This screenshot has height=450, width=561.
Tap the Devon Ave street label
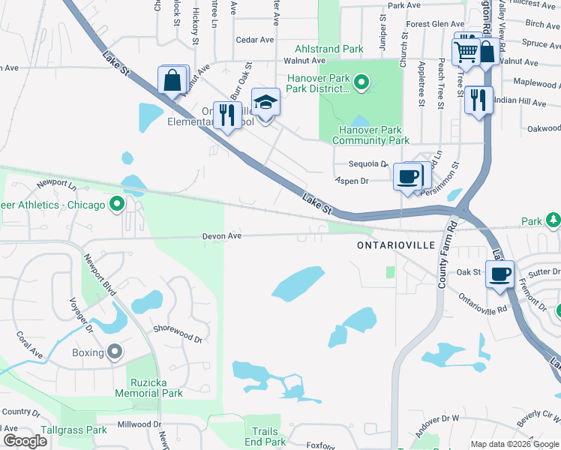221,235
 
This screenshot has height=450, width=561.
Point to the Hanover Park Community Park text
370,135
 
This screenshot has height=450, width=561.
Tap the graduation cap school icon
265,101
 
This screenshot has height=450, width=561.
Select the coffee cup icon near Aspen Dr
407,177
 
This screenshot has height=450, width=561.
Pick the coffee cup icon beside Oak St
499,274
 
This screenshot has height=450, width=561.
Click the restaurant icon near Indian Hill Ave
478,99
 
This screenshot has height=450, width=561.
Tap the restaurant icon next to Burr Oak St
226,115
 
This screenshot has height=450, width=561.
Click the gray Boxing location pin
114,352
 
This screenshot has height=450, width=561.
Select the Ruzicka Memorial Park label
148,388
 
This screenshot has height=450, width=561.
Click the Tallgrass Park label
74,430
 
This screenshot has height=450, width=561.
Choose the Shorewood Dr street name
178,338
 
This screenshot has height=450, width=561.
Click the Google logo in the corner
25,441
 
